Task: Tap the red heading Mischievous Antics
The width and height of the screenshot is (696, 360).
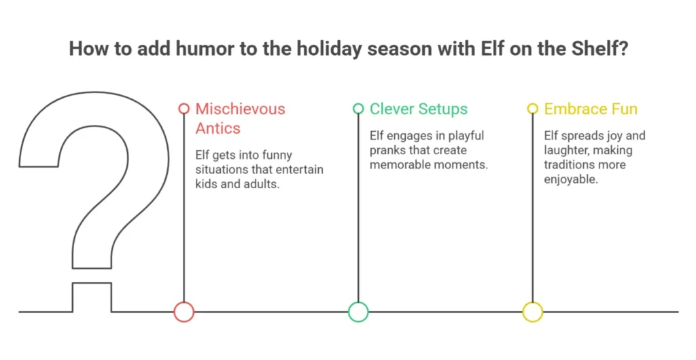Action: coord(240,118)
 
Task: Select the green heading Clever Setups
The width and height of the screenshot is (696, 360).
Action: coord(419,109)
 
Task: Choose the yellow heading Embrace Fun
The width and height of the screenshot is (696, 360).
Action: coord(591,109)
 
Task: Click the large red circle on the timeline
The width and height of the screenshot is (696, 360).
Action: coord(184,302)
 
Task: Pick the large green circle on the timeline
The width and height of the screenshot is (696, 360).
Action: coord(358,302)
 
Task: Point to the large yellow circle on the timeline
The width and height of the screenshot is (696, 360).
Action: coord(533,302)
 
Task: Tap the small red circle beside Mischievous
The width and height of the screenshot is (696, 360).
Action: coord(184,104)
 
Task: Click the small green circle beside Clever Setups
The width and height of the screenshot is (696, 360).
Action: coord(358,104)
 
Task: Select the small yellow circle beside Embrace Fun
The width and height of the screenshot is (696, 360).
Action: coord(533,104)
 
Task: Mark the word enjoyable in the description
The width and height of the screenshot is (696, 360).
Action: coord(571,179)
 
